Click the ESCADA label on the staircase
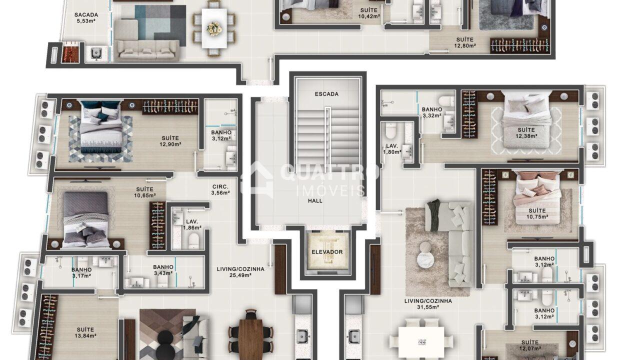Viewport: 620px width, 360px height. (326, 94)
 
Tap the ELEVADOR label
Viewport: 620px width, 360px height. (327, 252)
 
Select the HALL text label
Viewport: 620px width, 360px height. (315, 200)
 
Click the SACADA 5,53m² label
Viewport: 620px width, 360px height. (86, 17)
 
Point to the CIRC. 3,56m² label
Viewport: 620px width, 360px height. (220, 190)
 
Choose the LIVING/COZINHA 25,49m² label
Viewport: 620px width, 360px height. (240, 272)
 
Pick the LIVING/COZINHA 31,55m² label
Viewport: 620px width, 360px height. (428, 304)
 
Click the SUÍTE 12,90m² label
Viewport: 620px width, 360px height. (170, 141)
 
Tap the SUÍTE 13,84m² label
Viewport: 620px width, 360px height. (85, 332)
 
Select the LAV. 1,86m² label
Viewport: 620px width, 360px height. (192, 224)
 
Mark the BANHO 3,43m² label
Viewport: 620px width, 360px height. (163, 270)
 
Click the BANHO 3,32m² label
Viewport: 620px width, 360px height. (432, 112)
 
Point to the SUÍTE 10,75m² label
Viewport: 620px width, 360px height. (537, 213)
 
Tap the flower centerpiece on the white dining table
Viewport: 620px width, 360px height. (214, 28)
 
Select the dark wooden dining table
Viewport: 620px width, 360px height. (251, 339)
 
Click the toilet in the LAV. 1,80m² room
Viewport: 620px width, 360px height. (391, 131)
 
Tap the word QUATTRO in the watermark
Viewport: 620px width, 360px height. (329, 172)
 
